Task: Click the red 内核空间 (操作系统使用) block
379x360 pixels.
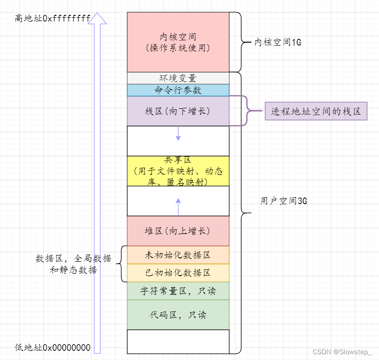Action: pos(178,42)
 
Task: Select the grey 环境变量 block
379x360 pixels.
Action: pos(178,78)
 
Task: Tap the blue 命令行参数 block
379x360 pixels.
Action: pos(178,90)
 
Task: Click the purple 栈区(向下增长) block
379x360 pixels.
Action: pos(178,111)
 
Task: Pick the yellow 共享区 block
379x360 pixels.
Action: pos(178,171)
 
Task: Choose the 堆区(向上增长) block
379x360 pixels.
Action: pos(178,231)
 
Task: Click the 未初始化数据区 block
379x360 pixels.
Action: pos(178,255)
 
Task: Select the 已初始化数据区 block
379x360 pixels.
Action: pos(178,272)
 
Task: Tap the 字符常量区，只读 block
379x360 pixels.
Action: pos(178,290)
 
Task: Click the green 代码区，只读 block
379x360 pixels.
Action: pos(178,314)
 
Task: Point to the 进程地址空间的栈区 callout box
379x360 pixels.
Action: pos(316,111)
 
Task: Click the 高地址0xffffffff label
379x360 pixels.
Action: pos(53,19)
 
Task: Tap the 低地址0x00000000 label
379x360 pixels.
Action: pos(53,347)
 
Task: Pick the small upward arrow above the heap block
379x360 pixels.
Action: pos(178,205)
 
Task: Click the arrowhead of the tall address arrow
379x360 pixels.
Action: pos(98,18)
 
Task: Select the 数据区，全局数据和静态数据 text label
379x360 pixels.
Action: pos(73,264)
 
